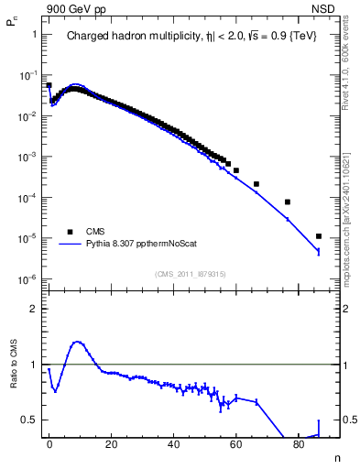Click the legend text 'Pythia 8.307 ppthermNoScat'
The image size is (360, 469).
click(x=137, y=245)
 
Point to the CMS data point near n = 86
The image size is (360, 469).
click(x=318, y=236)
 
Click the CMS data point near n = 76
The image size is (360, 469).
click(x=288, y=202)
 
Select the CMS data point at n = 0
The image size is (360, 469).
click(x=49, y=85)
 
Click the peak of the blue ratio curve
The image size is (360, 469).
click(x=77, y=342)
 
